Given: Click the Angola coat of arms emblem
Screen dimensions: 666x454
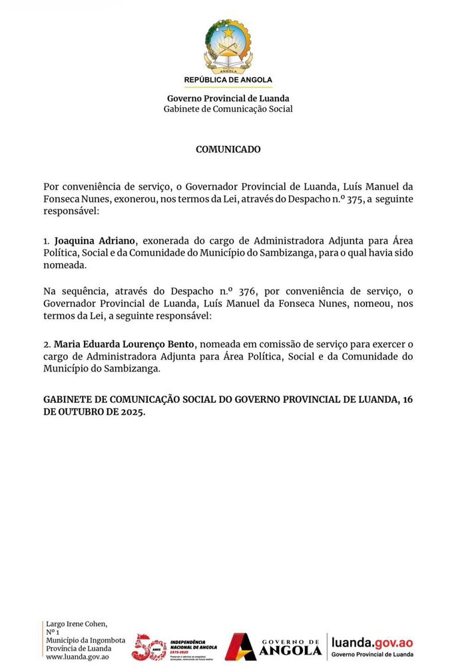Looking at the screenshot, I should [x=228, y=46].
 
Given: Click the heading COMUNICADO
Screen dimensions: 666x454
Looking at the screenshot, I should [x=228, y=150].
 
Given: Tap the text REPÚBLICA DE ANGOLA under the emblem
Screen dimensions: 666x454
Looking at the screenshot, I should [x=228, y=80].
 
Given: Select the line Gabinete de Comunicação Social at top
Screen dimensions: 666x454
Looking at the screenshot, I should [x=228, y=109].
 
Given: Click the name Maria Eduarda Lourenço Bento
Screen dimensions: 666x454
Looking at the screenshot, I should [x=124, y=344].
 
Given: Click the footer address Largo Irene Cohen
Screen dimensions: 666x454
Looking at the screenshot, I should [x=77, y=623].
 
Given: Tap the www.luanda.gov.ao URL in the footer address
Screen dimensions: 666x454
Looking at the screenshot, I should [x=77, y=657].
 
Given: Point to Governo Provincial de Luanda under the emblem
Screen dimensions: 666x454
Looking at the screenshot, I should [x=228, y=99].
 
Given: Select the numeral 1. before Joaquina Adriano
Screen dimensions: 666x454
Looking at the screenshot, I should [x=47, y=240].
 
